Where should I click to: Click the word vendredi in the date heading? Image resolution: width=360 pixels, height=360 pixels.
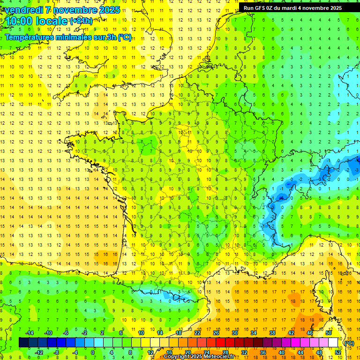[x=24, y=10]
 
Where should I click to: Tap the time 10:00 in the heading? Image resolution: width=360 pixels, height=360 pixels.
[x=19, y=21]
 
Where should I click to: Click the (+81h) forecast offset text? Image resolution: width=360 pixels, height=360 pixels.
[x=81, y=21]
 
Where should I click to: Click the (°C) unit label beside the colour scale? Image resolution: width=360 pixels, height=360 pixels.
[x=349, y=343]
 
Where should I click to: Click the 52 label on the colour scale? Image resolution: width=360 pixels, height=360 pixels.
[x=338, y=352]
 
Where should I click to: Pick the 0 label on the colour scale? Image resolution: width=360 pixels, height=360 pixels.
[x=93, y=352]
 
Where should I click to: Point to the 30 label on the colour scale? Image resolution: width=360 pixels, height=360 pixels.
[x=235, y=333]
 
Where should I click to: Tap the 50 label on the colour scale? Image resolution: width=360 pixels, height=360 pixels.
[x=329, y=333]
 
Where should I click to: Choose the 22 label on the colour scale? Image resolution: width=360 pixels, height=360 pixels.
[x=197, y=333]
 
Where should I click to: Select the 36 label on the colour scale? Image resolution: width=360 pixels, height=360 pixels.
[x=263, y=352]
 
